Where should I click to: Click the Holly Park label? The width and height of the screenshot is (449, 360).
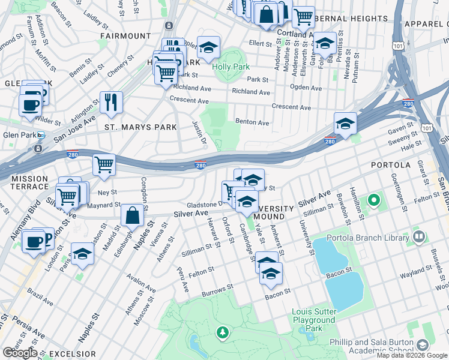click(x=231, y=67)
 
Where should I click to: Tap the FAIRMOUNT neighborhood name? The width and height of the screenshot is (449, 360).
click(x=125, y=36)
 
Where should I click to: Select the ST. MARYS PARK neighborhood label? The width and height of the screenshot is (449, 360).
click(x=140, y=127)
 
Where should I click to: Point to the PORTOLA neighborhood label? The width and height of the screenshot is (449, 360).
click(x=390, y=164)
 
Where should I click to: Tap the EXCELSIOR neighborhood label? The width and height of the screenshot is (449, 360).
click(x=72, y=353)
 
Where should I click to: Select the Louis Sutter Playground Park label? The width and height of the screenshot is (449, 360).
click(x=313, y=320)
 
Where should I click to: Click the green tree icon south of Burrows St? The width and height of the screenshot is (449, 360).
click(x=223, y=332)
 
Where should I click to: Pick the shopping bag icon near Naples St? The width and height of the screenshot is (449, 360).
click(x=132, y=216)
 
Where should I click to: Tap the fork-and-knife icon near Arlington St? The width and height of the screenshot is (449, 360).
click(x=111, y=103)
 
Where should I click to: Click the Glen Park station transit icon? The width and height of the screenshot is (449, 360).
click(x=40, y=135)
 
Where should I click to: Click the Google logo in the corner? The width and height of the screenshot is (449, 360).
click(x=20, y=353)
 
